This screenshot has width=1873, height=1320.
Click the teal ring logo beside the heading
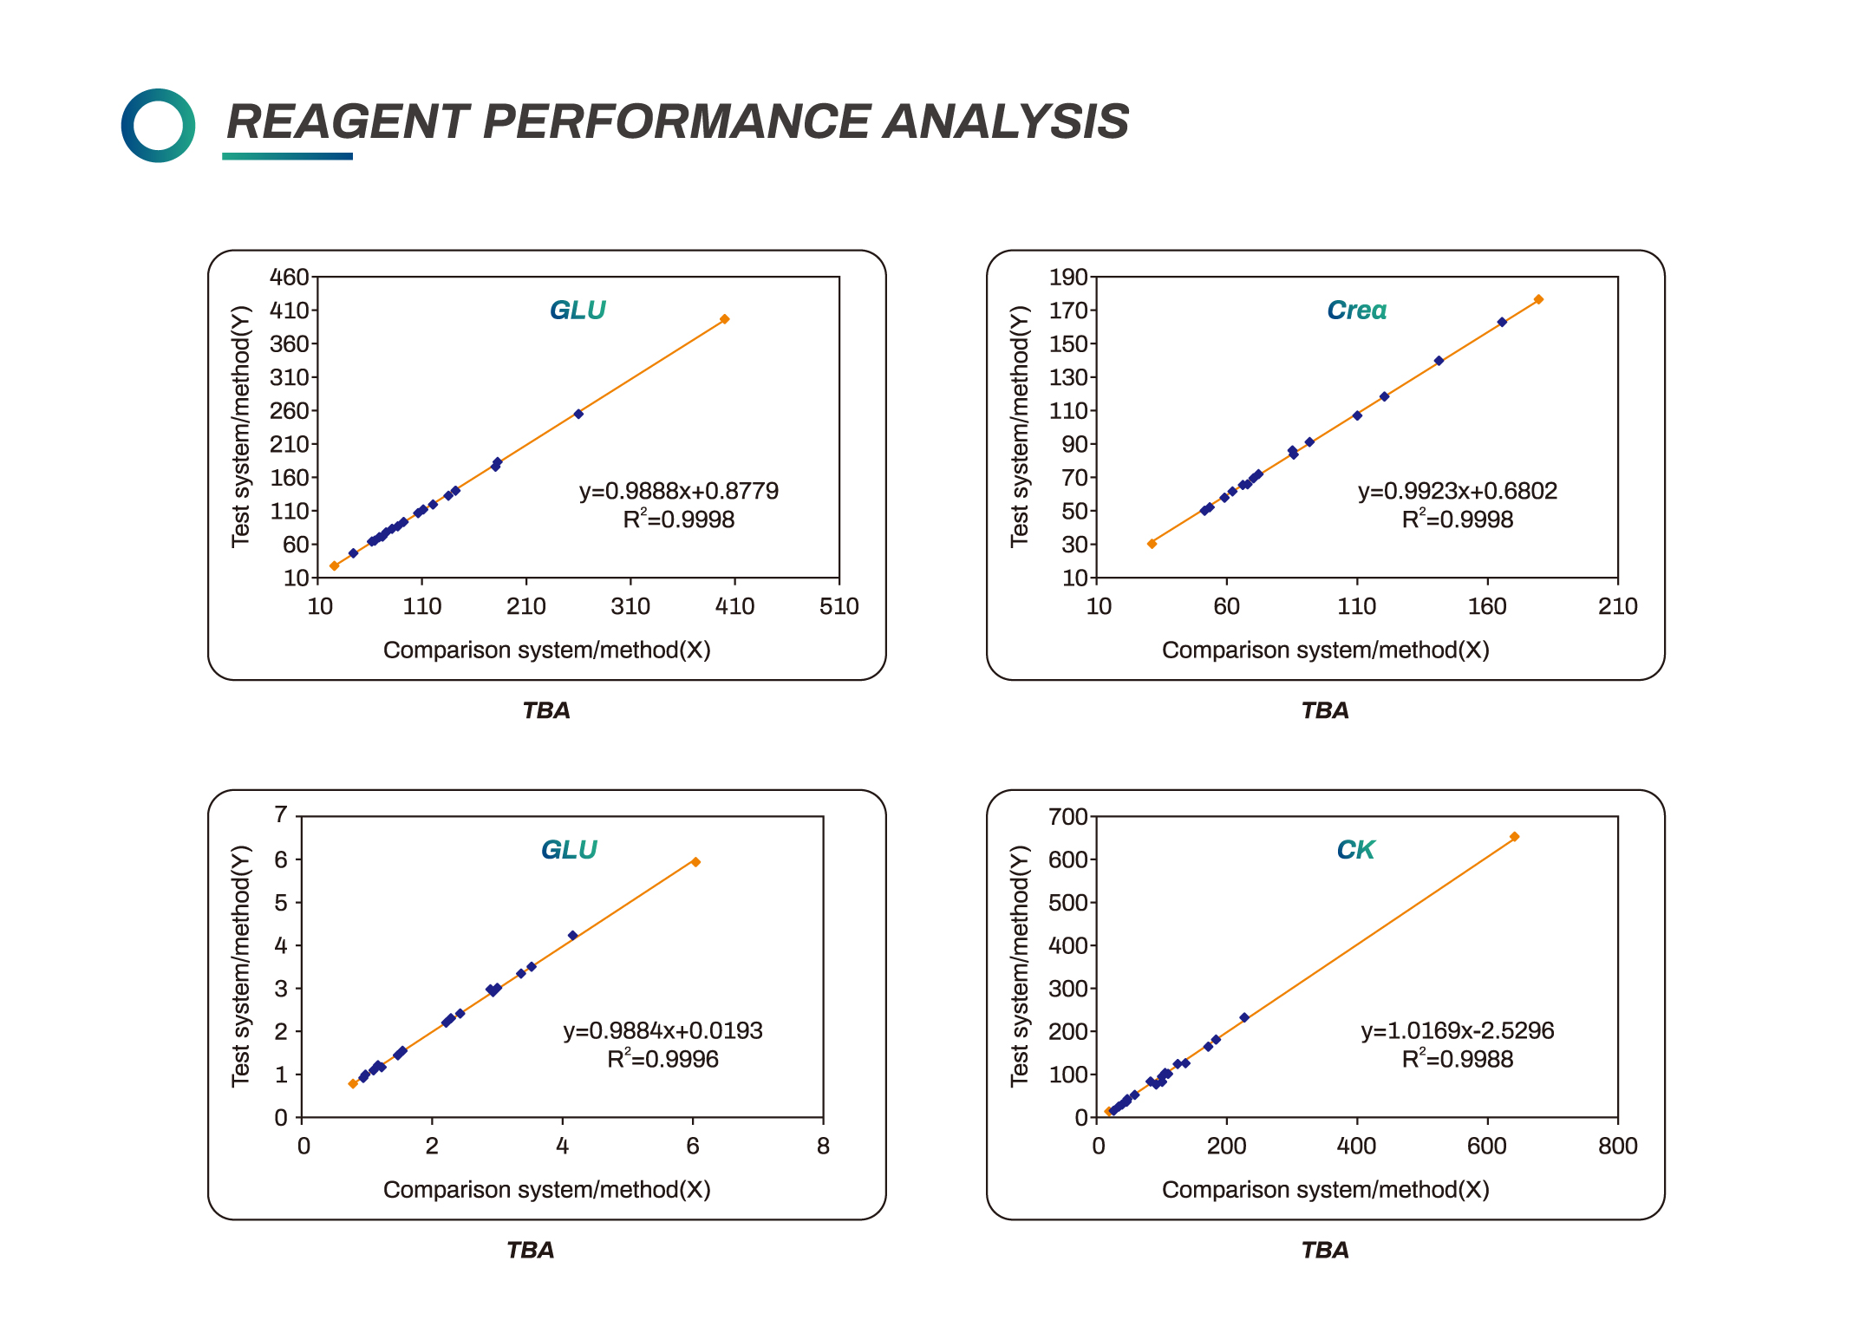tap(158, 125)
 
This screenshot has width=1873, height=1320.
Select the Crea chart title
tap(1356, 310)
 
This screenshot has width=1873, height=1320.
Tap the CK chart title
tap(1354, 850)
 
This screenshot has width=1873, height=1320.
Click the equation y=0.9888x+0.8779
tap(678, 491)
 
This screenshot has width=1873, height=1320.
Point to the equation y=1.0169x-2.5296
tap(1457, 1030)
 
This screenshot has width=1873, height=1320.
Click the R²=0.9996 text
tap(662, 1059)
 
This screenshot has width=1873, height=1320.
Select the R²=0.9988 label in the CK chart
tap(1457, 1059)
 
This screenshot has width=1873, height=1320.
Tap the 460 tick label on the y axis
tap(289, 278)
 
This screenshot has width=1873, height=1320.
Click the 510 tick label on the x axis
tap(839, 606)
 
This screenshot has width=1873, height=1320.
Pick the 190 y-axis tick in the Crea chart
tap(1067, 278)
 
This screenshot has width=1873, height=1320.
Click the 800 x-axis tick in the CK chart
tap(1617, 1146)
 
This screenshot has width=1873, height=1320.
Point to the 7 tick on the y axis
tap(281, 814)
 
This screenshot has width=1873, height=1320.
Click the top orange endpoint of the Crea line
tap(1538, 299)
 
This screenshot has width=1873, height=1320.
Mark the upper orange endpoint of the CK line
tap(1514, 837)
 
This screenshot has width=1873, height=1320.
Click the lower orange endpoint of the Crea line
tap(1152, 544)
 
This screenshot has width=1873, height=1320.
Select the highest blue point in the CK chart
tap(1244, 1017)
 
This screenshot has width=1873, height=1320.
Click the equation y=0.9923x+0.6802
tap(1457, 491)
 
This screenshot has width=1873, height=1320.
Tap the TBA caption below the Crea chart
tap(1325, 710)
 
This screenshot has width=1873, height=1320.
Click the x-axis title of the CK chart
tap(1325, 1189)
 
